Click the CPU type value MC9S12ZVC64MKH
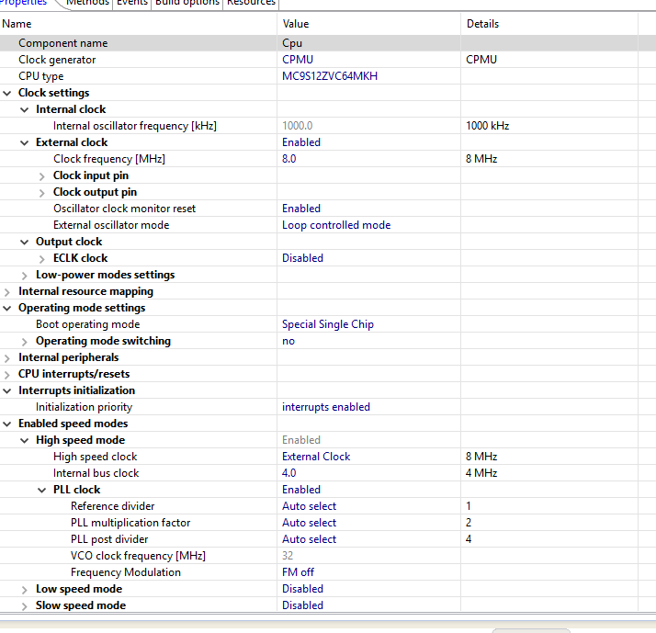click(329, 76)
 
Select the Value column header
click(296, 23)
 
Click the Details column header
click(483, 23)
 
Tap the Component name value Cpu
click(292, 43)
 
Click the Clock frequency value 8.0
click(289, 159)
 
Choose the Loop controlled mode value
click(336, 225)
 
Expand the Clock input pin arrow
click(42, 175)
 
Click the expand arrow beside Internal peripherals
click(7, 357)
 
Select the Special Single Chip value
click(328, 324)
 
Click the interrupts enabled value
click(326, 407)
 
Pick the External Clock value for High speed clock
click(316, 457)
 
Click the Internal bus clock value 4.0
click(289, 473)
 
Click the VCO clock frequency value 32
click(288, 556)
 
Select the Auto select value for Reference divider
click(309, 506)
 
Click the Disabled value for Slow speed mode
click(302, 605)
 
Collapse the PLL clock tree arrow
click(42, 490)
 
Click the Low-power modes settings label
click(105, 275)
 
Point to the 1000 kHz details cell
click(487, 126)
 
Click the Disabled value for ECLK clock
click(302, 258)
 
